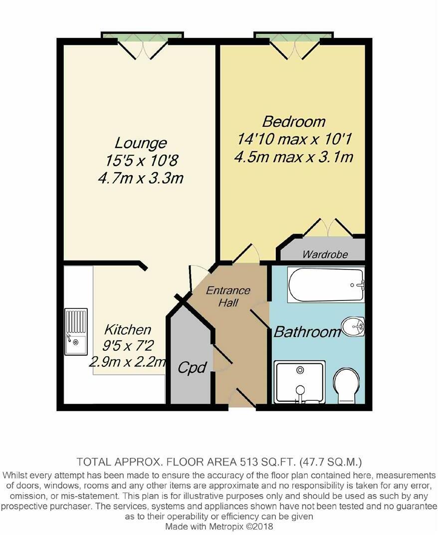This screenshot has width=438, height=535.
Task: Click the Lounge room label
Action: (141, 144)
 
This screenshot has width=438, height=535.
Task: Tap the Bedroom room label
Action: (294, 121)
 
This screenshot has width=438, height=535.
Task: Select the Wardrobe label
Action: (325, 255)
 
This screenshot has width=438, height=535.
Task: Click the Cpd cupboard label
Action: (193, 368)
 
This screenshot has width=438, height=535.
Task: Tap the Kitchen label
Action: (127, 329)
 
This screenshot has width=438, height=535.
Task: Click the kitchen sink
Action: (76, 332)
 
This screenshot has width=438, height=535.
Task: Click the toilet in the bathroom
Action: (349, 386)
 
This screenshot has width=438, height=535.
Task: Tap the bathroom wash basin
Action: (353, 328)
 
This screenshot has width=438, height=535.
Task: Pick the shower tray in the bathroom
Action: (299, 382)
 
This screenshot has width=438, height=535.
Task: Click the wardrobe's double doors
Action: (327, 228)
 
